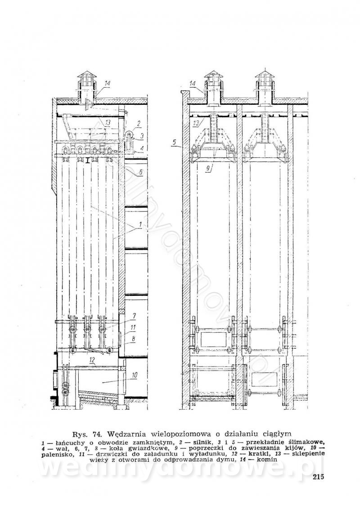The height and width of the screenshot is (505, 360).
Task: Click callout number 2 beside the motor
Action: point(139,123)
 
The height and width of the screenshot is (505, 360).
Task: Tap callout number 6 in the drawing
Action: point(140,171)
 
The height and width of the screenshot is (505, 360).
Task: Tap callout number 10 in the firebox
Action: point(135,374)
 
